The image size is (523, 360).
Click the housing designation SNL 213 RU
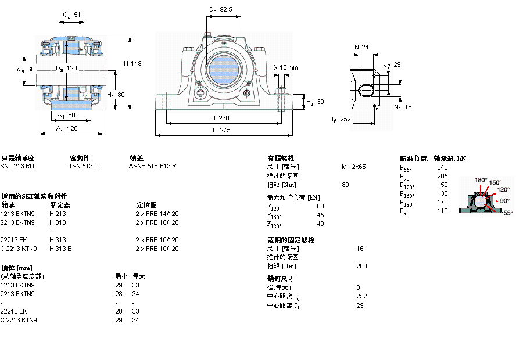[17, 166]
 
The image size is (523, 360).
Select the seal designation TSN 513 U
[84, 166]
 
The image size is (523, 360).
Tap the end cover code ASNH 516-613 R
[152, 166]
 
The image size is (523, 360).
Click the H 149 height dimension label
[133, 63]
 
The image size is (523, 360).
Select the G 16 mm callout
[285, 67]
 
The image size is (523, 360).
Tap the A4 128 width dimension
[68, 129]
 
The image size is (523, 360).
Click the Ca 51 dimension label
[71, 15]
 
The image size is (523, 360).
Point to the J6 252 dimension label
[341, 120]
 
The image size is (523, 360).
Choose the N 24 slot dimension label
[361, 47]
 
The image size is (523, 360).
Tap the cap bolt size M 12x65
[353, 167]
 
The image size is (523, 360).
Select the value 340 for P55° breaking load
[442, 167]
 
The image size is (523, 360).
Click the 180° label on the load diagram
[481, 180]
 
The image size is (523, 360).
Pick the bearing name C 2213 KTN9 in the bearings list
[19, 248]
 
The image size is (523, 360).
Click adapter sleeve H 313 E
[60, 248]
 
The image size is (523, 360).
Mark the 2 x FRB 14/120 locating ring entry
[157, 214]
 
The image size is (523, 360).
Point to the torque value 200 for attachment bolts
[361, 266]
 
